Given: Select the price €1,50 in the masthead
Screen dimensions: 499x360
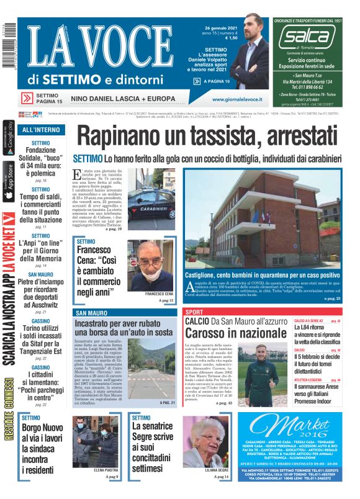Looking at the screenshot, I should pos(230,38).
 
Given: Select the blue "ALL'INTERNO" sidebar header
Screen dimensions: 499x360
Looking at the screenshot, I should pos(41,130).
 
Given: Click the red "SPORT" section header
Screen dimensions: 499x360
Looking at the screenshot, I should pos(194,312).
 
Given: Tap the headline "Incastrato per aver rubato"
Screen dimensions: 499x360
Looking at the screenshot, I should pos(123,324).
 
